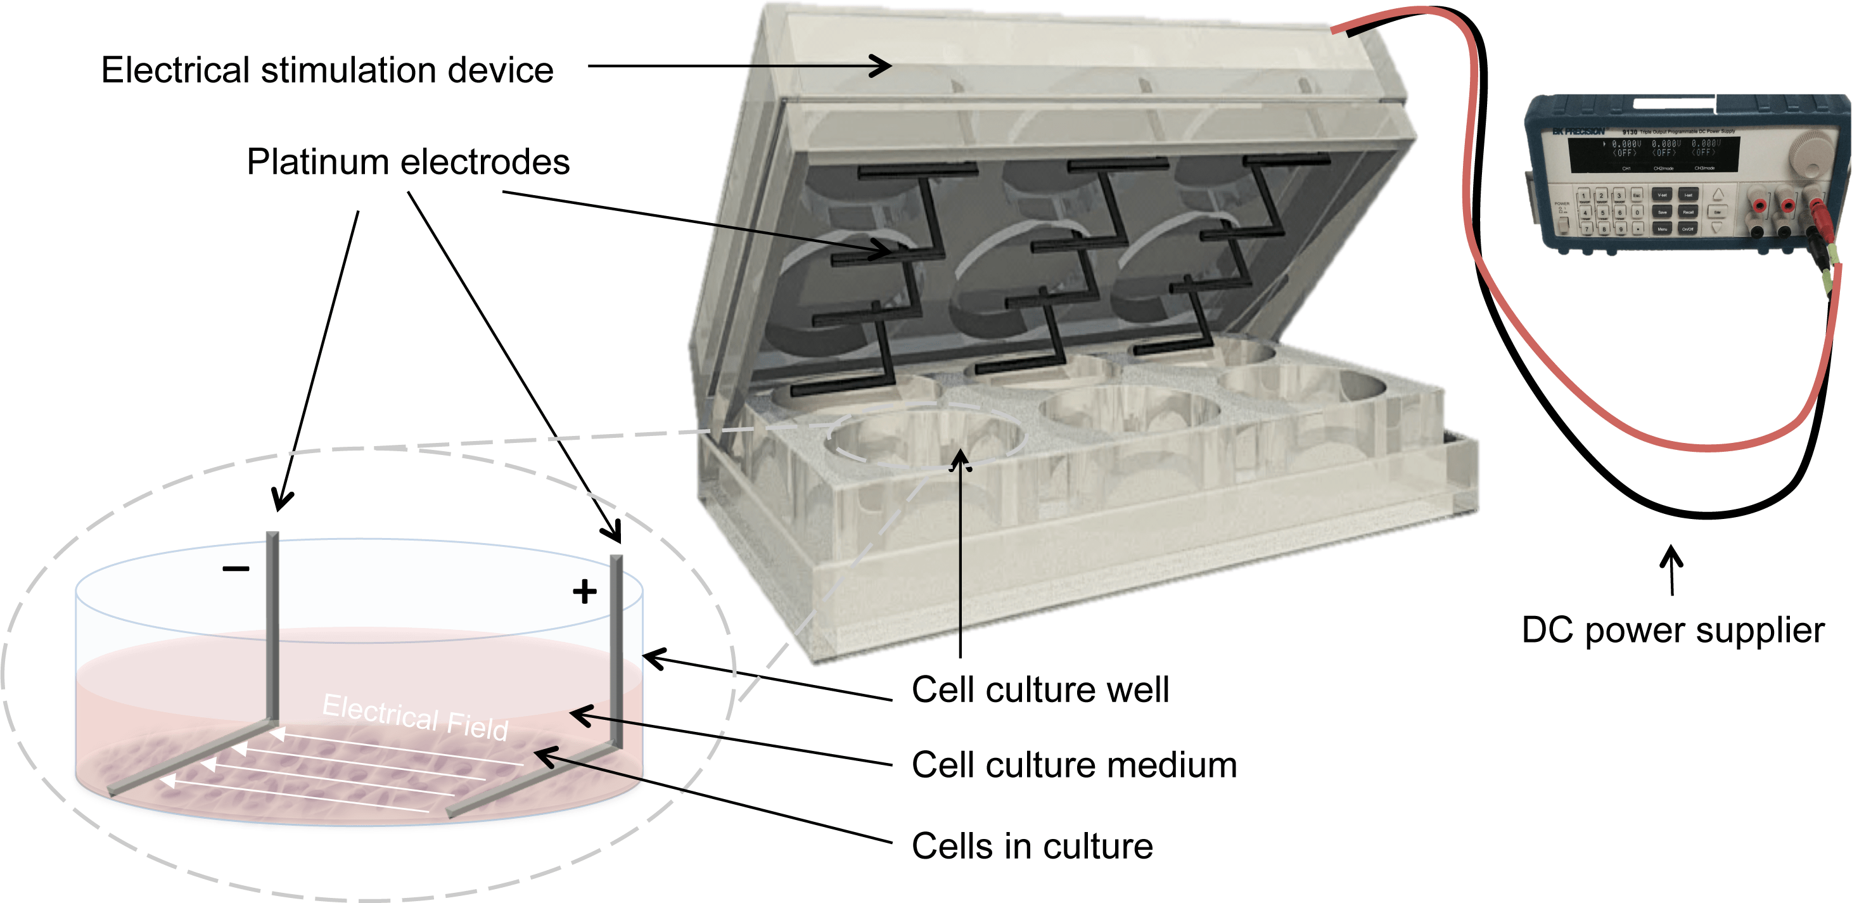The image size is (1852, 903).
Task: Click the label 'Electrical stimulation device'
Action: tap(327, 70)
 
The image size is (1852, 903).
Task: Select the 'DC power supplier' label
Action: tap(1673, 631)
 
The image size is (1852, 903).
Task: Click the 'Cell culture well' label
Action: tap(1040, 689)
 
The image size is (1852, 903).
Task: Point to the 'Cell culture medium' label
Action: tap(1074, 765)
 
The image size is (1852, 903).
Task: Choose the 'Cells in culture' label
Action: tap(1031, 846)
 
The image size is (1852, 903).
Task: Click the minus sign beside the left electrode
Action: tap(236, 568)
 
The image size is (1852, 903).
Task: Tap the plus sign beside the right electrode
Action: tap(585, 592)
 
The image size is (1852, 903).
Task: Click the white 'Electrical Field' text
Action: tap(416, 716)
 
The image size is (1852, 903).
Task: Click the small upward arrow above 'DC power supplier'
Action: tap(1671, 568)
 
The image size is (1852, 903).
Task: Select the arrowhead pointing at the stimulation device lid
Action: tap(883, 66)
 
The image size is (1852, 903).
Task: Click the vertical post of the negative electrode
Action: tap(272, 625)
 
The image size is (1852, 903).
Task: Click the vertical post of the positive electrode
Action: tap(616, 647)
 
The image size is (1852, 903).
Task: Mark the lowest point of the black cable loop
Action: tap(1708, 515)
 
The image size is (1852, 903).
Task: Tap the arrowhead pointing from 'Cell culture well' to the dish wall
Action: tap(651, 656)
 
